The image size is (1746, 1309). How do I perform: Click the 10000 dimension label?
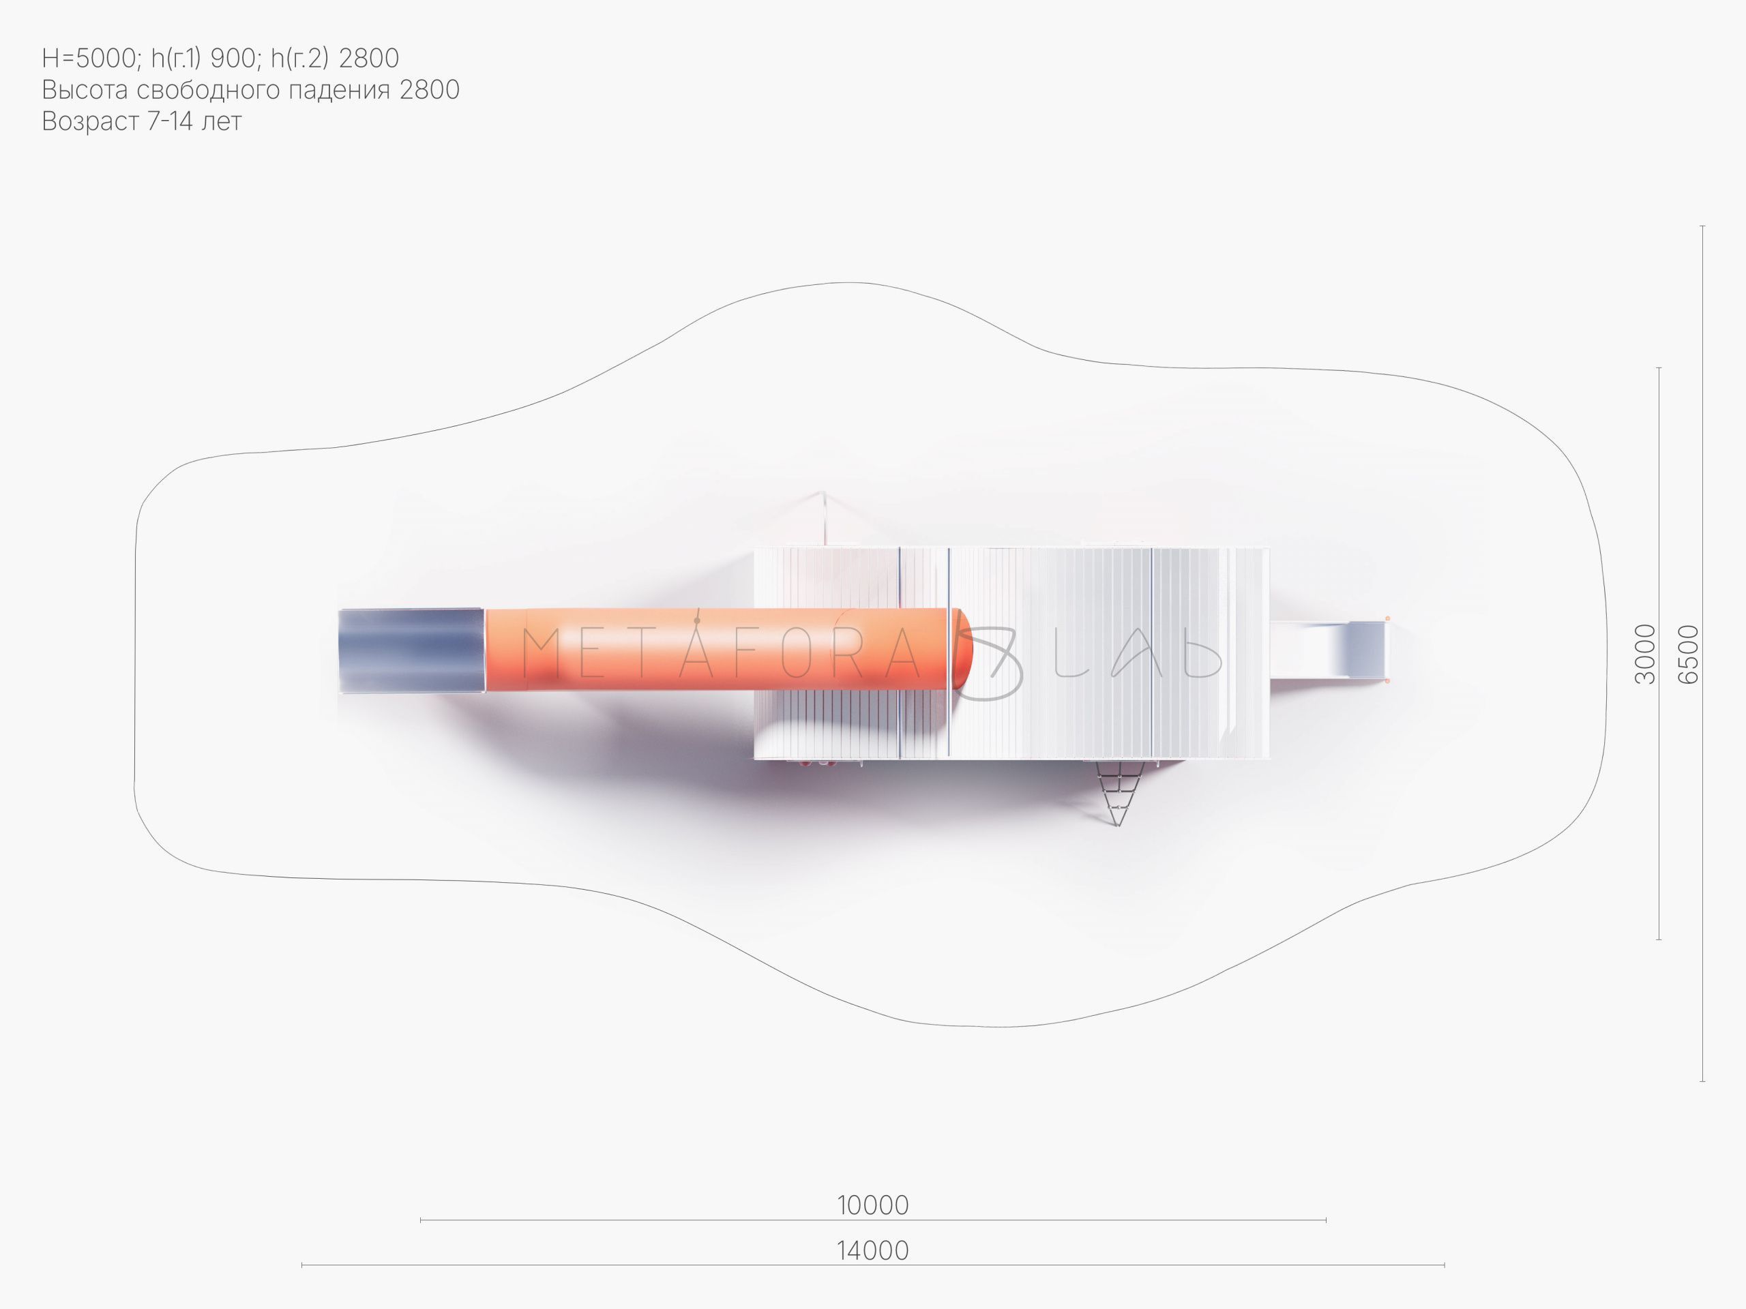873,1205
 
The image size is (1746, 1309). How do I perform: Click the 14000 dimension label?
873,1250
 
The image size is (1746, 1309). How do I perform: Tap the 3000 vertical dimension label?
1645,653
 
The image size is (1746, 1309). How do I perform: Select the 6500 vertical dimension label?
1687,653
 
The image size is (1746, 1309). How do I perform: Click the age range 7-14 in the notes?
171,121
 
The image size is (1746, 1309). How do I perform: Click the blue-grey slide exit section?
411,650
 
